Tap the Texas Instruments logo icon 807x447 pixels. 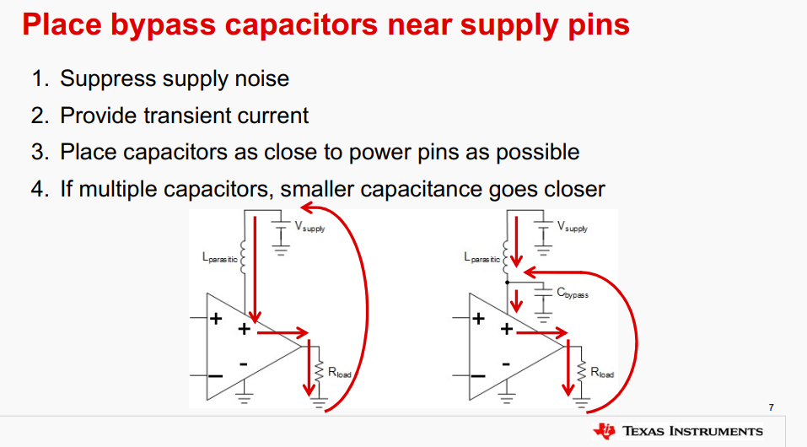605,430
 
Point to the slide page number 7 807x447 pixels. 771,408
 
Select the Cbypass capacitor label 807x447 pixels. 573,294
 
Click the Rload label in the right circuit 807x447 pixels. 602,372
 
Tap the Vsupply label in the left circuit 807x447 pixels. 309,226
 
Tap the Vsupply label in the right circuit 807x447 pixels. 573,226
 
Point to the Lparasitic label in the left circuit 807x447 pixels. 220,256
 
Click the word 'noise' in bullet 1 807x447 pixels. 260,79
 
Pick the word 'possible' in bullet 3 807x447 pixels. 537,152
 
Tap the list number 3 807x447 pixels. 37,152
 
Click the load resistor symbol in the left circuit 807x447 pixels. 319,370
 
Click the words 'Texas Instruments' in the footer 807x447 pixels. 692,431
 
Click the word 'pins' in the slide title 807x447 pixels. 598,24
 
